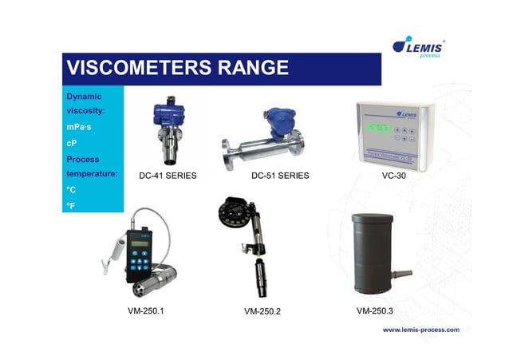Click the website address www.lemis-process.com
point(421,329)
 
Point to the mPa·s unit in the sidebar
point(81,126)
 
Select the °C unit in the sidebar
point(71,189)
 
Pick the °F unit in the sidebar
point(71,205)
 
